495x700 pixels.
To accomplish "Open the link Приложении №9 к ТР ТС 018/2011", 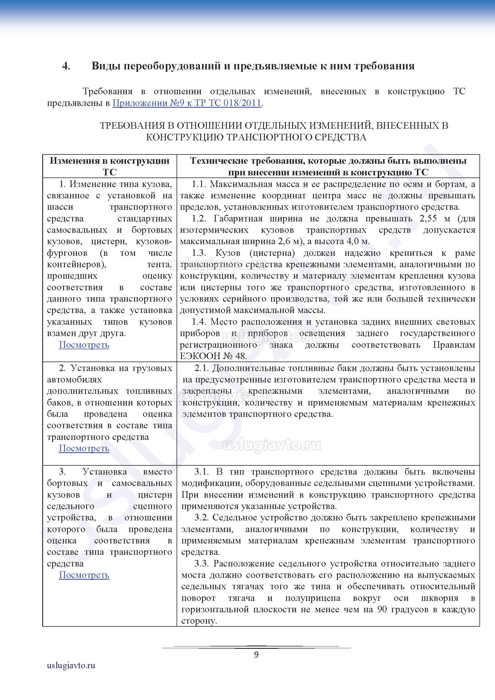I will [x=187, y=103].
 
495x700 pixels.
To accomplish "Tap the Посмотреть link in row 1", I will [x=84, y=344].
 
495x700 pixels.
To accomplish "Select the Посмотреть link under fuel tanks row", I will [x=84, y=448].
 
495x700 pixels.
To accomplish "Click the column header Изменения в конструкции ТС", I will [x=110, y=166].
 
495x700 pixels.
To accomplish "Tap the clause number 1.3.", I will [x=199, y=253].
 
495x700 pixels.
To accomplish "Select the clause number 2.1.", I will [x=202, y=368].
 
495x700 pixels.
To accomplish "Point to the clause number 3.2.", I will [x=202, y=517].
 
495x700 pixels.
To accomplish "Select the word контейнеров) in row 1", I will [x=77, y=264].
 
